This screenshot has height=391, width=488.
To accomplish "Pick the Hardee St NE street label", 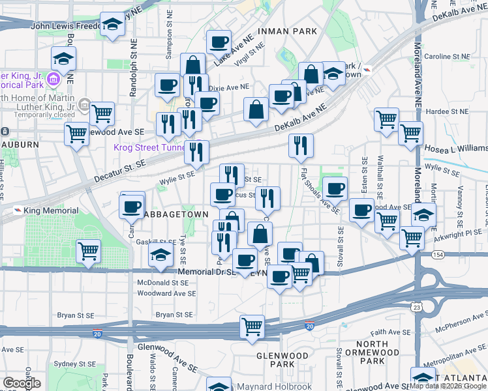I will click(449, 111).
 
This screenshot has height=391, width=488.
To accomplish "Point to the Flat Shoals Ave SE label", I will click(320, 190).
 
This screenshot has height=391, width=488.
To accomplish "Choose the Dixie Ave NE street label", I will click(228, 87).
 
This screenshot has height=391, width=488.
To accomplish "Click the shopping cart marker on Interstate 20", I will click(251, 326).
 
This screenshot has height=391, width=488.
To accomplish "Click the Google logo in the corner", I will click(22, 383).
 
